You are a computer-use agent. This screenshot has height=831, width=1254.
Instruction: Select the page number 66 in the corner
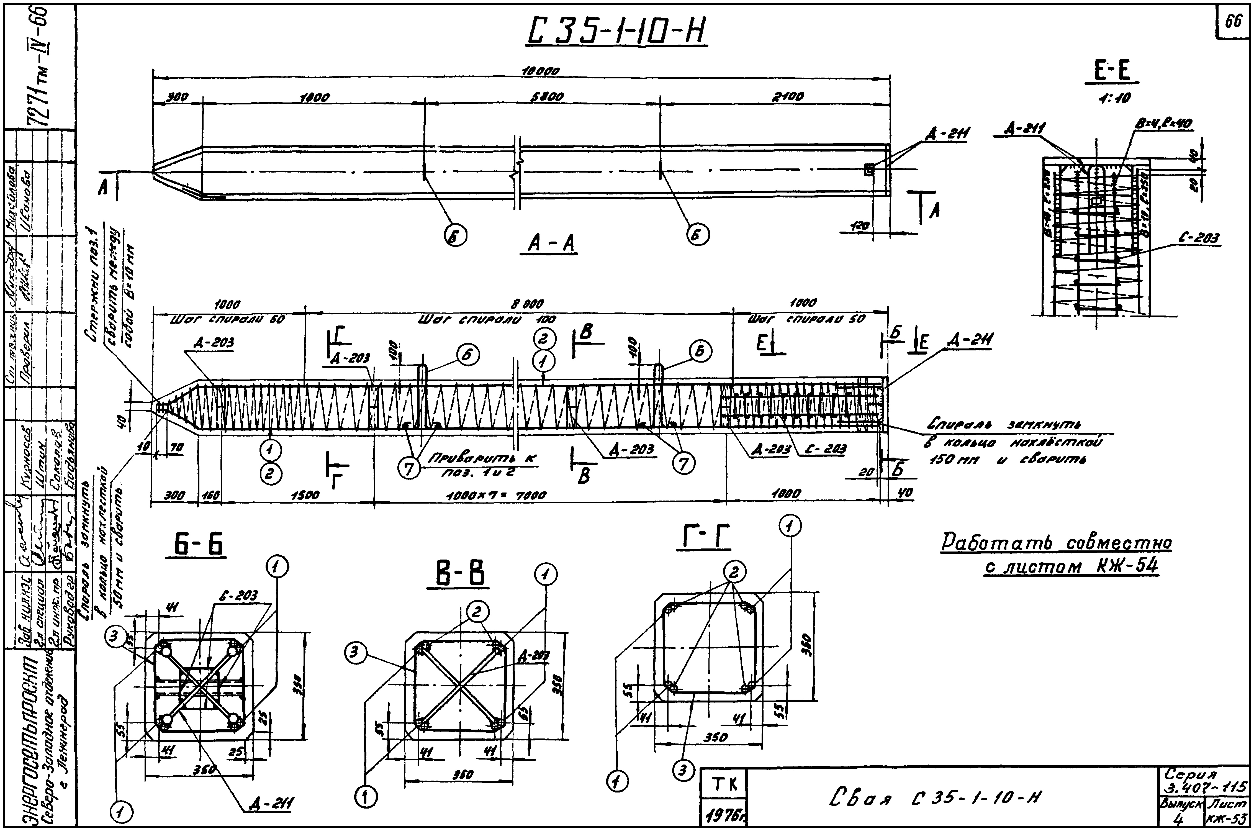coord(1233,22)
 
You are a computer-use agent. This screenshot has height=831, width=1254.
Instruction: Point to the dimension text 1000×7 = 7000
coord(496,496)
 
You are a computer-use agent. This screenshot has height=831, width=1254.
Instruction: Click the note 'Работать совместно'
coord(1056,543)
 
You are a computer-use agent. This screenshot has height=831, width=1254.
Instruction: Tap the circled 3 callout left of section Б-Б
coord(113,637)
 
